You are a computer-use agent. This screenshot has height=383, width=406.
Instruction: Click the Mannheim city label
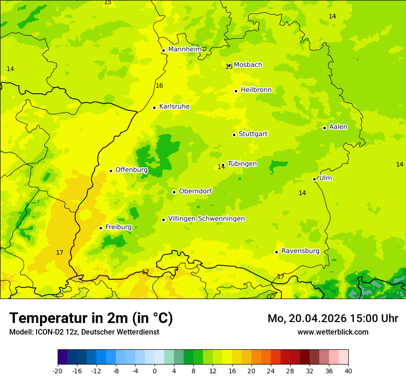pyautogui.click(x=185, y=49)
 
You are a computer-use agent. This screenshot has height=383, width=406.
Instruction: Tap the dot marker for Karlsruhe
pyautogui.click(x=155, y=108)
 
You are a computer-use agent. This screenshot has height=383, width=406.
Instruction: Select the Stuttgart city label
pyautogui.click(x=253, y=134)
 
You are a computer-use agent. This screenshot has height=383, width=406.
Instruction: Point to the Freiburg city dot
pyautogui.click(x=101, y=228)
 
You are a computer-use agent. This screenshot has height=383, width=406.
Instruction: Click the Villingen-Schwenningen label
pyautogui.click(x=206, y=219)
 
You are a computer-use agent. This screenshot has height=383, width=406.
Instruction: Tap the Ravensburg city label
pyautogui.click(x=300, y=251)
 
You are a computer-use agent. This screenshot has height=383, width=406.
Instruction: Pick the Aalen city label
pyautogui.click(x=338, y=127)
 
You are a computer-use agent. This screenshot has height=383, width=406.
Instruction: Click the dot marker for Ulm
pyautogui.click(x=315, y=179)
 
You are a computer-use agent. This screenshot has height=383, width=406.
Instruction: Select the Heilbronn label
pyautogui.click(x=256, y=90)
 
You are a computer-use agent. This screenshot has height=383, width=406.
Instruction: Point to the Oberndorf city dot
pyautogui.click(x=174, y=192)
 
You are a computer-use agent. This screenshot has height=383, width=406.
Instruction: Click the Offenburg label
pyautogui.click(x=131, y=170)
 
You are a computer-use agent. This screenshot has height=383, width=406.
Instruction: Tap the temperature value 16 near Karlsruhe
pyautogui.click(x=159, y=85)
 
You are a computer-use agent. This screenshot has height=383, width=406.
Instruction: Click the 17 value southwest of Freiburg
pyautogui.click(x=60, y=252)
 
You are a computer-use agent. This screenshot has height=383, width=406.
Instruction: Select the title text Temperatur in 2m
pyautogui.click(x=91, y=318)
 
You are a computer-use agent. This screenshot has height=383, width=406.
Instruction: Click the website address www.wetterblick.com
pyautogui.click(x=333, y=332)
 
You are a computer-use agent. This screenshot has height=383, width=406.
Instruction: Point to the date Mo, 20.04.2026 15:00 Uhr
pyautogui.click(x=333, y=318)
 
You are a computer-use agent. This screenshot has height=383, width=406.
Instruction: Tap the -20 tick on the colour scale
pyautogui.click(x=58, y=371)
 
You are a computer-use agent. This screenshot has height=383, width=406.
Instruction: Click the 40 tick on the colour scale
pyautogui.click(x=348, y=371)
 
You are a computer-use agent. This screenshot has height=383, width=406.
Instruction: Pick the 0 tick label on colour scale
pyautogui.click(x=155, y=371)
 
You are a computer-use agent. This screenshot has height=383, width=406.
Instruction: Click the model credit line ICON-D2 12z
pyautogui.click(x=84, y=332)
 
